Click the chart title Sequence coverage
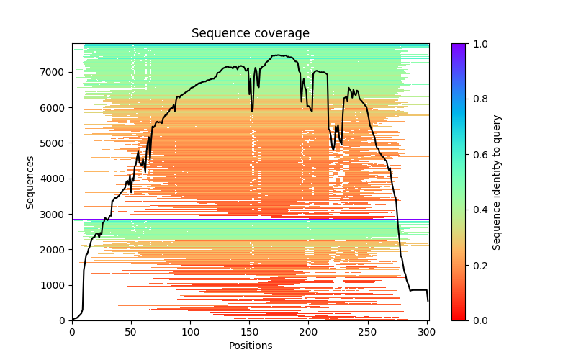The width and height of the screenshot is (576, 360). (250, 34)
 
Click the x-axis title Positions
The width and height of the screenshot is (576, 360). (250, 346)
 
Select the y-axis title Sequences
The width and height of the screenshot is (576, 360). (30, 181)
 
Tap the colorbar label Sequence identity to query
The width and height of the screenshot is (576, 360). (497, 182)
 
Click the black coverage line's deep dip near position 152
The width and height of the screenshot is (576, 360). (252, 110)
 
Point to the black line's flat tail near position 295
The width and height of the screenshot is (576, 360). (420, 289)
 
